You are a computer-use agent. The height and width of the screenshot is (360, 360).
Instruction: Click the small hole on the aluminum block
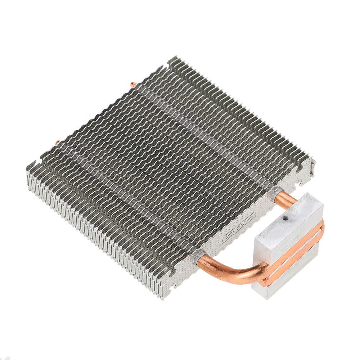(x=285, y=218)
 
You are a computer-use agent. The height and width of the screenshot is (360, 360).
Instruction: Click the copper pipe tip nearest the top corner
(x=133, y=85)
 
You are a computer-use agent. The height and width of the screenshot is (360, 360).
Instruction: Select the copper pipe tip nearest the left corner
(x=57, y=143)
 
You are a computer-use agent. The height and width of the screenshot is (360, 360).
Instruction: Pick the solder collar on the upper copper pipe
(x=274, y=194)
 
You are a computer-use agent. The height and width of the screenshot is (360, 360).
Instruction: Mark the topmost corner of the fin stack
(x=174, y=58)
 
